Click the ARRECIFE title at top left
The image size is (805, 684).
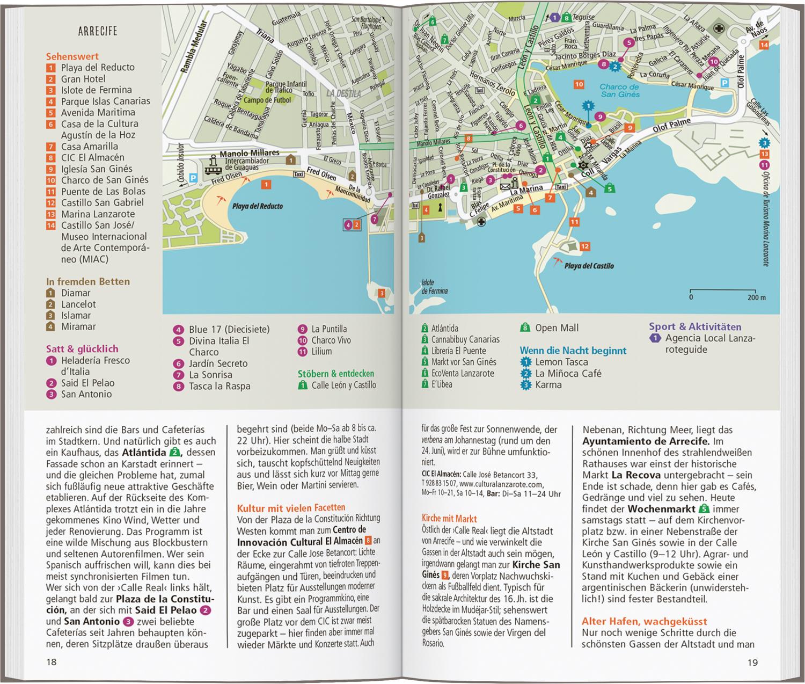click(x=98, y=31)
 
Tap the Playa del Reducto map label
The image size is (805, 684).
click(x=257, y=206)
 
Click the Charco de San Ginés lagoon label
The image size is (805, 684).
click(x=619, y=91)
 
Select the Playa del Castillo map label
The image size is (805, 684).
click(x=589, y=266)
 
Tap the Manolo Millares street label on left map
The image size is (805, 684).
click(x=250, y=153)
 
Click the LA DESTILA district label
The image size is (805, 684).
click(x=343, y=93)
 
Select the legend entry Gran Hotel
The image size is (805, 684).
click(x=83, y=79)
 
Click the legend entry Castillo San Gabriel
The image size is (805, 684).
click(x=102, y=202)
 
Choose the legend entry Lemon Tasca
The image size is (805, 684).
click(x=561, y=362)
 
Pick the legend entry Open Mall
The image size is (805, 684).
click(x=557, y=328)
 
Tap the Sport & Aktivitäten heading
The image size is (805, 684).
click(x=695, y=326)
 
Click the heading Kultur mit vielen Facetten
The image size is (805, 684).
click(x=291, y=507)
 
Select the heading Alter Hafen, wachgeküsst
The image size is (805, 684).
click(x=644, y=621)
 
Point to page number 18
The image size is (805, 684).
click(x=52, y=662)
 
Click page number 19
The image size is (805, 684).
click(x=752, y=663)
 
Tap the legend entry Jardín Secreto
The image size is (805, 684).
click(x=218, y=363)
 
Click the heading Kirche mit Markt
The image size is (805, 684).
click(x=449, y=519)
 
